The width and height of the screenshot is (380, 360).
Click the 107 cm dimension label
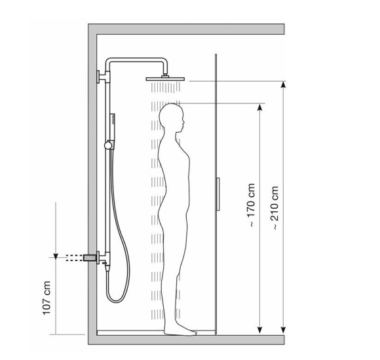tap(47, 298)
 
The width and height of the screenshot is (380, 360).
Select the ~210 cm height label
tap(274, 207)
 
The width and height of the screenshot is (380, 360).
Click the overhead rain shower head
tap(165, 78)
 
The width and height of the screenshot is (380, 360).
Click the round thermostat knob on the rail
tap(108, 145)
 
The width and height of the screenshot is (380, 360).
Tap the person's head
tap(172, 118)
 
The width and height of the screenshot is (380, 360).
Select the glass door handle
tap(218, 194)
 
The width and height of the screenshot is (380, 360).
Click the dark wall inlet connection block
tap(90, 258)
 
